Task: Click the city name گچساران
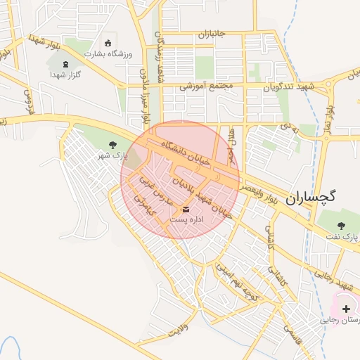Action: pyautogui.click(x=312, y=198)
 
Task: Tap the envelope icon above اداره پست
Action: pyautogui.click(x=186, y=210)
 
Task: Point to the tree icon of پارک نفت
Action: pyautogui.click(x=341, y=226)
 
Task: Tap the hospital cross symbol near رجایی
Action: pyautogui.click(x=346, y=309)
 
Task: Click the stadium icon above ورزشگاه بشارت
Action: pyautogui.click(x=107, y=42)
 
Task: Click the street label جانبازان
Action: pyautogui.click(x=210, y=34)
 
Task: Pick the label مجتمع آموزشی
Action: pyautogui.click(x=205, y=86)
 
